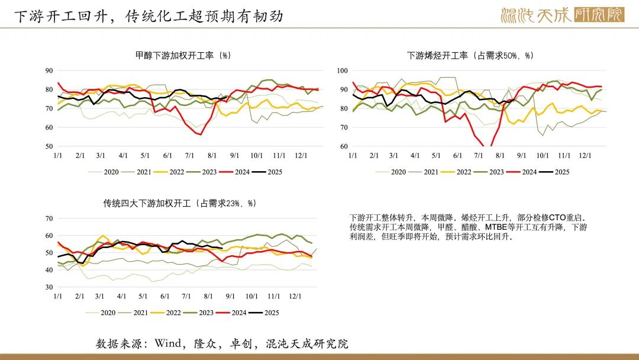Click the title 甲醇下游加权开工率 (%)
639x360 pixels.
pyautogui.click(x=183, y=56)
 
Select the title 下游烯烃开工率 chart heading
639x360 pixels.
pyautogui.click(x=470, y=56)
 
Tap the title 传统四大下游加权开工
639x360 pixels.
pyautogui.click(x=180, y=203)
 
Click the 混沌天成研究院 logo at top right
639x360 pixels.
pyautogui.click(x=563, y=15)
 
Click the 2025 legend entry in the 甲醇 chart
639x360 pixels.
pyautogui.click(x=267, y=172)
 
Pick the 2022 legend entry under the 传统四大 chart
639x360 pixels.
pyautogui.click(x=166, y=313)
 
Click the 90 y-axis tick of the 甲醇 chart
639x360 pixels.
pyautogui.click(x=49, y=70)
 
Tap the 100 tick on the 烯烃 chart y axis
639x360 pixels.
pyautogui.click(x=343, y=70)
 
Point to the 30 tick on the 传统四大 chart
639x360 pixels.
pyautogui.click(x=49, y=287)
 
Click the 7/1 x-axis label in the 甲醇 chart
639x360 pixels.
pyautogui.click(x=189, y=156)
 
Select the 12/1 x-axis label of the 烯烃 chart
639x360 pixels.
pyautogui.click(x=585, y=156)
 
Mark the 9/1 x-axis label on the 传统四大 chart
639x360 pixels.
pyautogui.click(x=230, y=297)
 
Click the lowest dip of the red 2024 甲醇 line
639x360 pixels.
pyautogui.click(x=201, y=134)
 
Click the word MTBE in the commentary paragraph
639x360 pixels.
pyautogui.click(x=496, y=227)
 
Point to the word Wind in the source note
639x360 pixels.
pyautogui.click(x=168, y=343)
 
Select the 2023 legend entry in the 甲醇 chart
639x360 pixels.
pyautogui.click(x=202, y=172)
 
